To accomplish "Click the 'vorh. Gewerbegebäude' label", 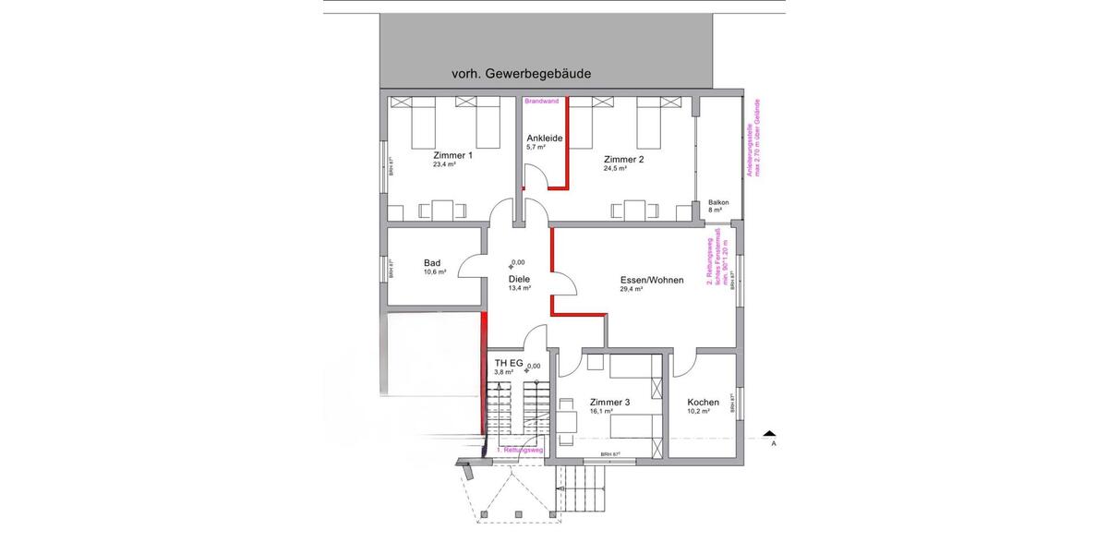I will tap(521, 73).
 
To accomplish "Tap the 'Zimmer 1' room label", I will tap(452, 156).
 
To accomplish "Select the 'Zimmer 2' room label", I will tap(623, 160).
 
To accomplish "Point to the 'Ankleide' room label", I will tap(544, 138).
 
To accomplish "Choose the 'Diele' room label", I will tap(519, 278).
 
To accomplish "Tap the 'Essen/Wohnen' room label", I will tap(651, 279).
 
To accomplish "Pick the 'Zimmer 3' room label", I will tap(609, 402).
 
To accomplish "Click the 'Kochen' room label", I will tap(703, 402).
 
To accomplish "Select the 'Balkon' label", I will tap(718, 202).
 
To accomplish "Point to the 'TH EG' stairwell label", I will tap(509, 363).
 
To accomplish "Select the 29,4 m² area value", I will tap(632, 288).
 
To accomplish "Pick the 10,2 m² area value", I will tap(698, 411).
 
